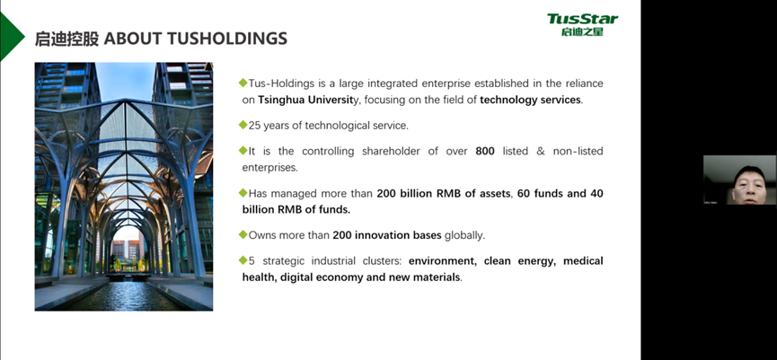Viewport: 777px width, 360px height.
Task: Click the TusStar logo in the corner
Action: click(x=582, y=25)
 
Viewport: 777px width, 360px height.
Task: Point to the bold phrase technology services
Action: click(x=530, y=100)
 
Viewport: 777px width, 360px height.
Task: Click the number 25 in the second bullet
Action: click(x=254, y=126)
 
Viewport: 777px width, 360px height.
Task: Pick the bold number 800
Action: click(x=485, y=151)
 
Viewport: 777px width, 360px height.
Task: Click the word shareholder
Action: click(x=390, y=151)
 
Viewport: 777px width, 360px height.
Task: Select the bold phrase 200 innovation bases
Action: click(x=387, y=235)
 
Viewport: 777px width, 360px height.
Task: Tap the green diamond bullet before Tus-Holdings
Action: click(x=243, y=83)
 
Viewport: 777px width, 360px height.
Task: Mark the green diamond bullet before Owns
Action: click(x=243, y=234)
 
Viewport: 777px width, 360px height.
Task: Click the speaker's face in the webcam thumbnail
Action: click(x=749, y=185)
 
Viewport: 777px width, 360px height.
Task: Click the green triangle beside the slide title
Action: click(x=10, y=36)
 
